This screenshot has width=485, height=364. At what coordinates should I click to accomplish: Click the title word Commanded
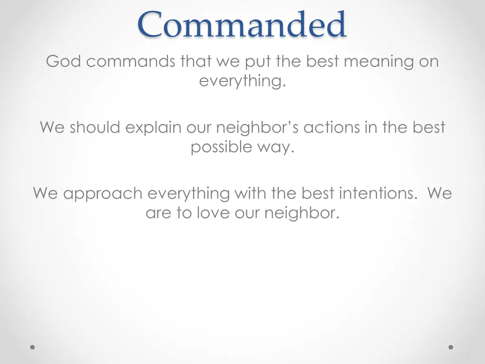[x=242, y=25]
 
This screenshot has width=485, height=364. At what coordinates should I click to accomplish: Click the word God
[x=64, y=62]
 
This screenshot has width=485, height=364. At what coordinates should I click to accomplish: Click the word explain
[x=153, y=128]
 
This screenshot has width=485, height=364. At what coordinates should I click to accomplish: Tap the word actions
[x=332, y=127]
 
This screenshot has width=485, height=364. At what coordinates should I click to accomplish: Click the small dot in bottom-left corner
[x=33, y=347]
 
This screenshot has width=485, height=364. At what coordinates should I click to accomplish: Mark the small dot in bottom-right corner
[x=451, y=347]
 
